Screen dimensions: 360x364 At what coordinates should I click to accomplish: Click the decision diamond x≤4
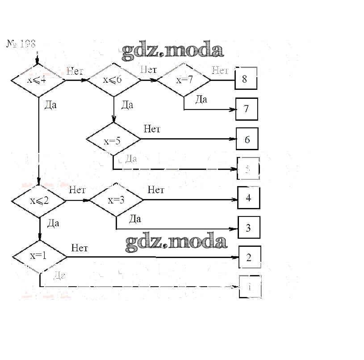[x=38, y=80]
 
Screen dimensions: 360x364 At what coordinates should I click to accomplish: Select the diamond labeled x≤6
[x=113, y=80]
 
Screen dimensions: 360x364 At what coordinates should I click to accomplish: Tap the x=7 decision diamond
[x=184, y=80]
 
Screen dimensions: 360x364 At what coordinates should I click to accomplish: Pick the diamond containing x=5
[x=113, y=141]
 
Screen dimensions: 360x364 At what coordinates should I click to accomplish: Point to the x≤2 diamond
[x=39, y=200]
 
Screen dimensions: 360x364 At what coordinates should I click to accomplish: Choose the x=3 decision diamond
[x=116, y=200]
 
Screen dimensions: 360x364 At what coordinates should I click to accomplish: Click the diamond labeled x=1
[x=39, y=257]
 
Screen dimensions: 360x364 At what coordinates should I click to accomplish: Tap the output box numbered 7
[x=247, y=109]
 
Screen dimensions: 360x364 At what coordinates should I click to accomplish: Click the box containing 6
[x=247, y=139]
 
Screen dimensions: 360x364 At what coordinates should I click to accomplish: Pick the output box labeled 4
[x=249, y=198]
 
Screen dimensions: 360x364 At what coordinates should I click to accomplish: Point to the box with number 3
[x=249, y=228]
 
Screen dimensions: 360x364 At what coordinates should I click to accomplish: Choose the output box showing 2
[x=249, y=257]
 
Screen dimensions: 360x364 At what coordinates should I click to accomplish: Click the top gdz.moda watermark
[x=172, y=51]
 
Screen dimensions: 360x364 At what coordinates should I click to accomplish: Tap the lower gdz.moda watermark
[x=176, y=242]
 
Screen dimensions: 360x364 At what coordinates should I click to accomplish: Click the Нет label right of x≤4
[x=75, y=71]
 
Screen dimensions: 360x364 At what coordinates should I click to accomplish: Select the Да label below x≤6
[x=127, y=105]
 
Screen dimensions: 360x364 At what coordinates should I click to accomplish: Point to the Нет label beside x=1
[x=79, y=248]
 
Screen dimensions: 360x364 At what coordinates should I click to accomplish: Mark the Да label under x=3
[x=135, y=219]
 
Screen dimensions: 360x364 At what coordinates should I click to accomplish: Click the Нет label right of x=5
[x=152, y=129]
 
